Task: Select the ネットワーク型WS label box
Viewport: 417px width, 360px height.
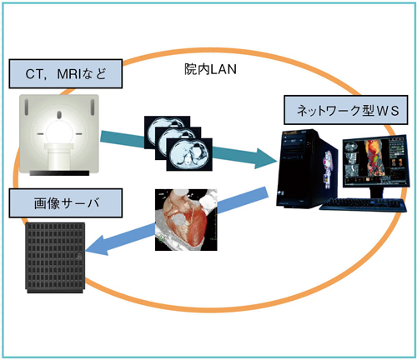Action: [338, 110]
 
